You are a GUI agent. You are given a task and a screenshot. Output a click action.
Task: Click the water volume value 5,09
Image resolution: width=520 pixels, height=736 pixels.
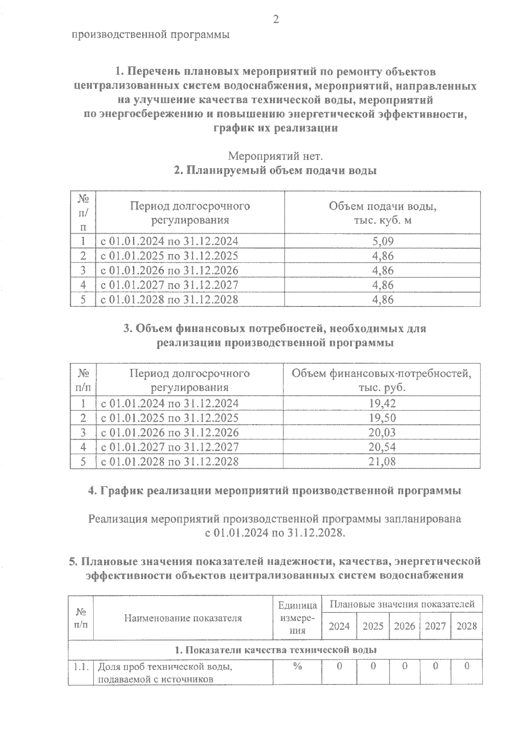click(383, 241)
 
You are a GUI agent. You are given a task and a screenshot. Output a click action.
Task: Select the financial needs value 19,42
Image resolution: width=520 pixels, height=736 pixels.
click(382, 404)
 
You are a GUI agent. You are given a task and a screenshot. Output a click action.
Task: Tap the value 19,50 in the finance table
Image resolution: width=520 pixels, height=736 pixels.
click(382, 418)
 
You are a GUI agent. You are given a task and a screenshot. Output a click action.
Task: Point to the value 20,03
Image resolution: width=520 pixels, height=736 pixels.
click(382, 433)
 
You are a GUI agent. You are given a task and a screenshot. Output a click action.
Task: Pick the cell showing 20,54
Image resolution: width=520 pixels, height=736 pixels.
click(382, 447)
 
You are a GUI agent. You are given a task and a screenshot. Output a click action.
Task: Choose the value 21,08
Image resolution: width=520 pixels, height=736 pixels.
click(382, 462)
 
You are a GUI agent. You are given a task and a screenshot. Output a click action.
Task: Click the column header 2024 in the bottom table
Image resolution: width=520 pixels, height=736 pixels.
click(339, 626)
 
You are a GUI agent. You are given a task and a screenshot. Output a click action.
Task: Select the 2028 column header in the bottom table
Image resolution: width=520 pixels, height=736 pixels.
click(467, 626)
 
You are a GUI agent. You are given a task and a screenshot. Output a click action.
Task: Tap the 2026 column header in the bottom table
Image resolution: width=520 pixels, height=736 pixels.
click(404, 626)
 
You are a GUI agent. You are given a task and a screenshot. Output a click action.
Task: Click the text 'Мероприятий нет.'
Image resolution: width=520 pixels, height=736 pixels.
click(275, 155)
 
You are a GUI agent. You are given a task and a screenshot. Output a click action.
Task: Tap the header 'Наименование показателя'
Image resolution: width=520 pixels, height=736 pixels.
click(183, 618)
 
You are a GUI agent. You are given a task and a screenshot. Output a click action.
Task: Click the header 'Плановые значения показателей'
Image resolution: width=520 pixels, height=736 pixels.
click(402, 604)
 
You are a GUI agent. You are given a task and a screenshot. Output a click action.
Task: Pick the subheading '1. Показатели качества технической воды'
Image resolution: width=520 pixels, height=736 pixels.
click(275, 650)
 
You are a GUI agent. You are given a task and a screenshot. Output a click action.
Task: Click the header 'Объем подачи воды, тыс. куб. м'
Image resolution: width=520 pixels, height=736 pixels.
click(382, 213)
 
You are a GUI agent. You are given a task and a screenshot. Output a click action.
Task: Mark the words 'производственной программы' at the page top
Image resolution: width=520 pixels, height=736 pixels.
click(150, 35)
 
